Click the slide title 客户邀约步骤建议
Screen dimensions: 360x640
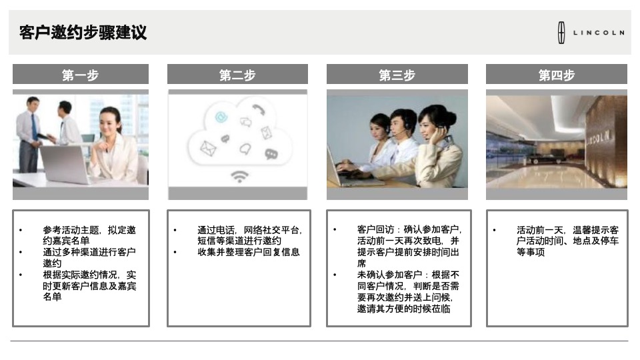(x=83, y=32)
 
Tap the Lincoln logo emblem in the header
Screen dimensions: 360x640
(x=561, y=33)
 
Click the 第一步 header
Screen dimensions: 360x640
(x=80, y=75)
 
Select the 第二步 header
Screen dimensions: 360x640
(x=237, y=75)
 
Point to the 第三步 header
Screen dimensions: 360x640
(x=397, y=75)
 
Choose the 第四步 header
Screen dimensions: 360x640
(x=556, y=75)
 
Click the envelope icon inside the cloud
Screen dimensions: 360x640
(x=208, y=147)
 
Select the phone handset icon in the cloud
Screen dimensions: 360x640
(x=258, y=110)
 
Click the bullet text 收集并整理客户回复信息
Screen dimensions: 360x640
(x=248, y=252)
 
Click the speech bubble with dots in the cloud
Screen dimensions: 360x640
(x=271, y=154)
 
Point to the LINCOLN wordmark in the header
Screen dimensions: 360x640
(x=599, y=33)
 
